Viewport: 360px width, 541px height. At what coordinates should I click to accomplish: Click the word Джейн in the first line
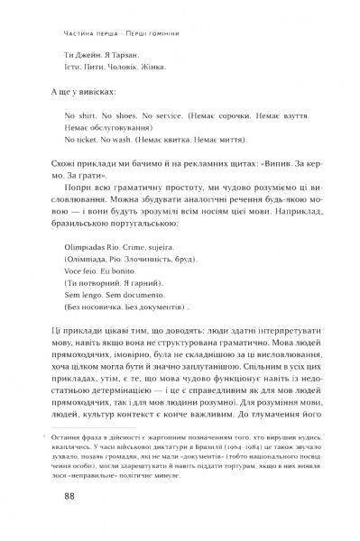(86, 51)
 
